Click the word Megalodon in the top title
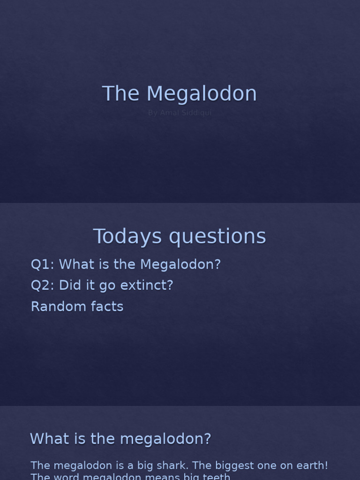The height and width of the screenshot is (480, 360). pyautogui.click(x=202, y=94)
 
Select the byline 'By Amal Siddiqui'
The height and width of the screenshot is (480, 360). pyautogui.click(x=180, y=113)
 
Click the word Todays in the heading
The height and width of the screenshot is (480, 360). pyautogui.click(x=128, y=237)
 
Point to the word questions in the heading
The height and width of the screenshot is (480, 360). pyautogui.click(x=217, y=237)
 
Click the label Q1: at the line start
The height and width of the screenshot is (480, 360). pyautogui.click(x=43, y=264)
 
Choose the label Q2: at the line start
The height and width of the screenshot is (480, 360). pyautogui.click(x=43, y=285)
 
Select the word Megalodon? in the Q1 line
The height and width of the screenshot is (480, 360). pyautogui.click(x=180, y=264)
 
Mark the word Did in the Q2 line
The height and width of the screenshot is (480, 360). pyautogui.click(x=68, y=285)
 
